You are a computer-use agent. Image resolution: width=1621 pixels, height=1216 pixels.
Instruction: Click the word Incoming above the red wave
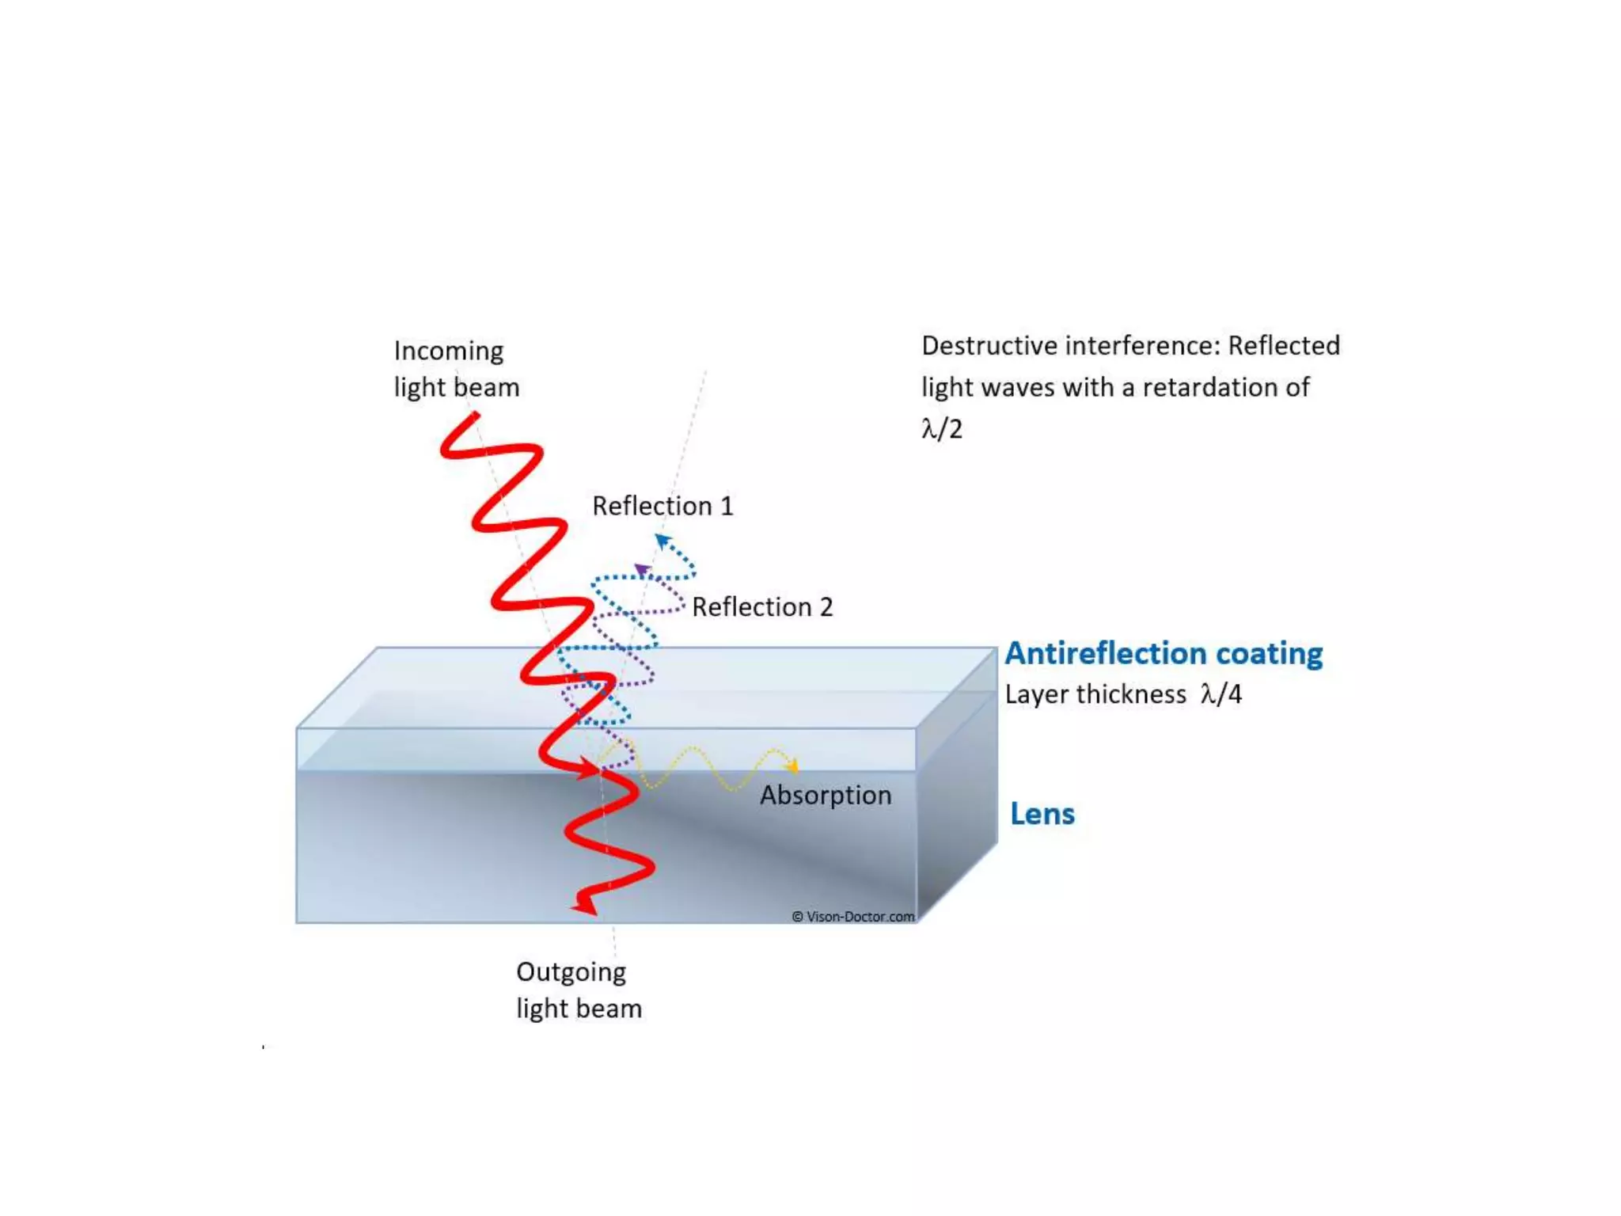(448, 351)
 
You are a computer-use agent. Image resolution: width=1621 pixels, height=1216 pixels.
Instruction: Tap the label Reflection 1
(662, 506)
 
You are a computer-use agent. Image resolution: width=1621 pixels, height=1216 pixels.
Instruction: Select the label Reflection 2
(762, 607)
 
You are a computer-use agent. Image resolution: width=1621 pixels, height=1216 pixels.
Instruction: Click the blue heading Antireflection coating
(1164, 653)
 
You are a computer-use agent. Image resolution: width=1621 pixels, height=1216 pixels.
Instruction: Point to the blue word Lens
(1042, 814)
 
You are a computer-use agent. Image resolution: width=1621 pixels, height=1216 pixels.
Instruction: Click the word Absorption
(826, 795)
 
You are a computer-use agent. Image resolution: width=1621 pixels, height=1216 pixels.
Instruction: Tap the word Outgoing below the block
(571, 972)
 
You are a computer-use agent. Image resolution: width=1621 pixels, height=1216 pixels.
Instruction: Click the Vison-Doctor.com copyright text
(852, 917)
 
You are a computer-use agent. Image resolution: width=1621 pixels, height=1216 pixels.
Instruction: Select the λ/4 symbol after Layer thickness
(1220, 694)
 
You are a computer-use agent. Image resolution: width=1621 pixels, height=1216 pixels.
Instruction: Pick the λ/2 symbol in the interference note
(942, 429)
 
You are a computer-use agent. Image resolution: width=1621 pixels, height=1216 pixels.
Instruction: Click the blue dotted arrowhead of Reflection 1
(662, 541)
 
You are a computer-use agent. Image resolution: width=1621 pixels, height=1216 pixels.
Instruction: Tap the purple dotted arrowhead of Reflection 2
(641, 569)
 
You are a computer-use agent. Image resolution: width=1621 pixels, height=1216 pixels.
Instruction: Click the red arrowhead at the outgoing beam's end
(586, 903)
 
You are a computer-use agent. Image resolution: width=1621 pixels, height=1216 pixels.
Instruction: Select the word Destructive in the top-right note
(989, 346)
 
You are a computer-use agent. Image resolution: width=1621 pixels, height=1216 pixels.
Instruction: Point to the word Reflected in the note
(1283, 346)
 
